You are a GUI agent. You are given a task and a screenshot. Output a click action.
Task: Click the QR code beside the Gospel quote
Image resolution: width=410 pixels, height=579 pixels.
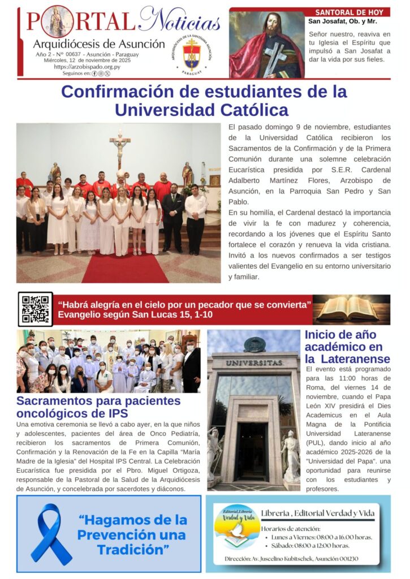35,309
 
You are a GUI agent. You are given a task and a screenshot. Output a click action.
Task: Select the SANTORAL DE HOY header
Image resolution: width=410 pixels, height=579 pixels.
349,12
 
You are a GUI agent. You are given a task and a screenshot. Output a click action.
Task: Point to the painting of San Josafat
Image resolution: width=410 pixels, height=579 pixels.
267,45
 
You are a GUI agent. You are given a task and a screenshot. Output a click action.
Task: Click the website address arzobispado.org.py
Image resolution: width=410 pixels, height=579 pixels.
87,67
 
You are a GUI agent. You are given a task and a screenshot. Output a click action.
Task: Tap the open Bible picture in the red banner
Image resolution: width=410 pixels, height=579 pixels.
352,309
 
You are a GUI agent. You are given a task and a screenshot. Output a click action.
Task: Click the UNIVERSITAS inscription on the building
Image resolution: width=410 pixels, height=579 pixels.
253,362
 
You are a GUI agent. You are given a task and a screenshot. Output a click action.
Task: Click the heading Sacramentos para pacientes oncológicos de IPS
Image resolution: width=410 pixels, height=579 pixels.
98,407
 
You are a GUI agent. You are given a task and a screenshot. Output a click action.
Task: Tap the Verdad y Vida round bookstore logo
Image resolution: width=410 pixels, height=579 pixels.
238,534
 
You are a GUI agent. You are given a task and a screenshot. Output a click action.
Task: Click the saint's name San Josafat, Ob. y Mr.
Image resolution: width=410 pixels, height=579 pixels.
343,22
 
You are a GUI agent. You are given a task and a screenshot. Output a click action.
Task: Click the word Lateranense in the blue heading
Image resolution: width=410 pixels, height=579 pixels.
353,358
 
